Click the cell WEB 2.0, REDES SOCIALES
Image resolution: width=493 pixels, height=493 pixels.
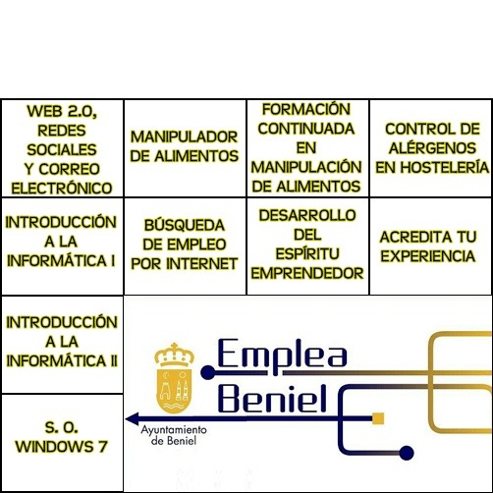point(62,148)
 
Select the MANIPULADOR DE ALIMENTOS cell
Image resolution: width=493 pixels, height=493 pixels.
point(185,148)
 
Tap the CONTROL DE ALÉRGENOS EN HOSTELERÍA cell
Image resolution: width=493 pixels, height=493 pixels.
point(431,148)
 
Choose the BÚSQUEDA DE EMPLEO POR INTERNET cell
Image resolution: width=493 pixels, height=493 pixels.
point(185,246)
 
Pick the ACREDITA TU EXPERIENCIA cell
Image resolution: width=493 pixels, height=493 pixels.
point(431,246)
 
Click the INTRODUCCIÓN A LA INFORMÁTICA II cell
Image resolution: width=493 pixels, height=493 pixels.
point(62,345)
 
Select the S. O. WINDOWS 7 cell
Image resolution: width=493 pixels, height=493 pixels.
point(62,443)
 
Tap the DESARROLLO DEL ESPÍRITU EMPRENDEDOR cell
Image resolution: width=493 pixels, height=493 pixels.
point(307,246)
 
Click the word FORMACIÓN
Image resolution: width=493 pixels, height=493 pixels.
point(306,109)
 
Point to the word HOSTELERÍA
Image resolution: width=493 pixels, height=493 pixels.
point(445,167)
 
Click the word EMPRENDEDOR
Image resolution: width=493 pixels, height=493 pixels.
point(307,273)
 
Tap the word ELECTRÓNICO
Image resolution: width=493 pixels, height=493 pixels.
point(62,189)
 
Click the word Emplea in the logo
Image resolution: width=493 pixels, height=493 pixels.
point(282,354)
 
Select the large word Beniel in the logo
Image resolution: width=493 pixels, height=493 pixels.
point(272,398)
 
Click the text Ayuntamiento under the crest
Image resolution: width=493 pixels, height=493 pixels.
point(174,430)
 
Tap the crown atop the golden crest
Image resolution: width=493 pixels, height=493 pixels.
point(174,355)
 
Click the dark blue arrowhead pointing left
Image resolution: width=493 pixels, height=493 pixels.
point(133,418)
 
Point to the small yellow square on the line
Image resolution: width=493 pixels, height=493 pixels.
point(378,418)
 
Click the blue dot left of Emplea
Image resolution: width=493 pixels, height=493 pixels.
point(208,372)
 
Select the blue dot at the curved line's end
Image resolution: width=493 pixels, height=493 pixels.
point(407,453)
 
